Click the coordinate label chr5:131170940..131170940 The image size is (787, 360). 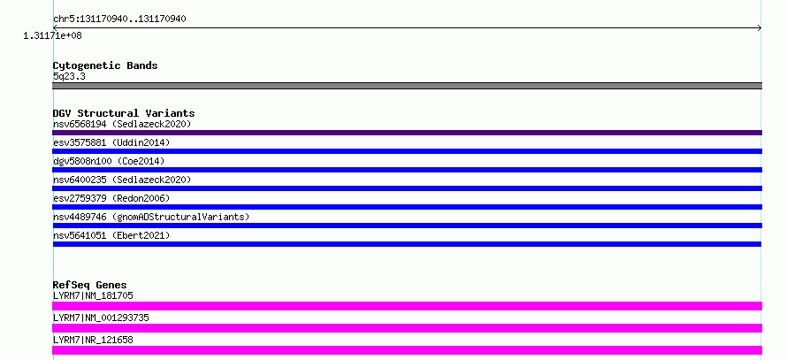pos(119,19)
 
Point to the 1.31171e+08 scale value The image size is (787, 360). pos(52,35)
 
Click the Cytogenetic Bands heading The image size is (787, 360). pos(105,65)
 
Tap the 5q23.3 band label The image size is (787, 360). pos(69,76)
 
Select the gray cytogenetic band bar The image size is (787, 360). pos(407,86)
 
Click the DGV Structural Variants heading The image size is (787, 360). pos(124,113)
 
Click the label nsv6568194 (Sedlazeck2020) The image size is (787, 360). pos(122,124)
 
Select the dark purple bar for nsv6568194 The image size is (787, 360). pos(407,133)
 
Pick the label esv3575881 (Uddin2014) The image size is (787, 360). pos(111,142)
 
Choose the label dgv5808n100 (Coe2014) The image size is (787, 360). pos(109,161)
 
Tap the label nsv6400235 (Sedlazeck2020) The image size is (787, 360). pos(122,180)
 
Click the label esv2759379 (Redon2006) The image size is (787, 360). pos(111,198)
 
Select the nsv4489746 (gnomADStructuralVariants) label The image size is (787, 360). pos(151,217)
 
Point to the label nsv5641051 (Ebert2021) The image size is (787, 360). pos(111,235)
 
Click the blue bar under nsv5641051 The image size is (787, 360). pos(407,244)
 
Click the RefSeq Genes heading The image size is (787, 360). pos(90,285)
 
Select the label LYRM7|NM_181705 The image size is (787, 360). pos(93,295)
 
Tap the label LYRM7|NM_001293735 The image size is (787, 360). pos(101,318)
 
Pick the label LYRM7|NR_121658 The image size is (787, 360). pos(93,340)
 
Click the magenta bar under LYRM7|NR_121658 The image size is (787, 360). pos(407,350)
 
